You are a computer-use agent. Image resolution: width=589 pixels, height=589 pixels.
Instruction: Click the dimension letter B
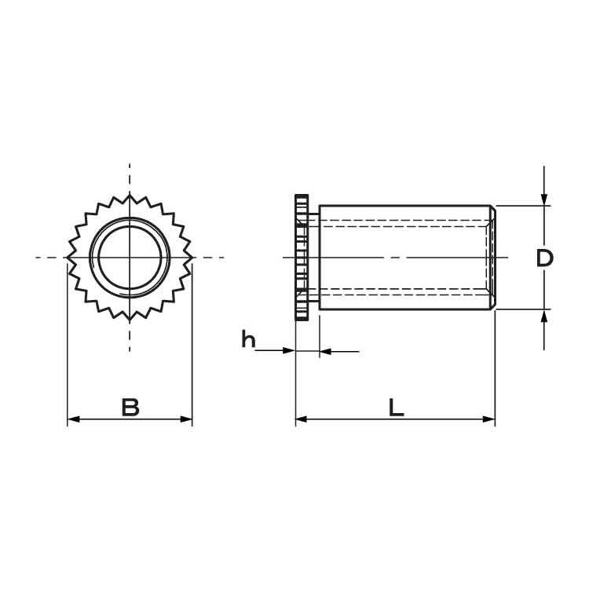click(x=130, y=407)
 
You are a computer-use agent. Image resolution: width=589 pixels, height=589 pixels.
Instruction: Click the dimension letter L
click(x=396, y=408)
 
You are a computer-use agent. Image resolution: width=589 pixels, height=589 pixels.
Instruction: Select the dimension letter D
click(x=545, y=258)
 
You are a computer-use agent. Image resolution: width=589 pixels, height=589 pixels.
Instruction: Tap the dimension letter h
click(x=248, y=338)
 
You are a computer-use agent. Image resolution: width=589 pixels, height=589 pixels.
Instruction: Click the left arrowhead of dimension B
click(x=73, y=419)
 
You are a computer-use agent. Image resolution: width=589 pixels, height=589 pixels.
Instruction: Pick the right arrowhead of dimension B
click(x=186, y=419)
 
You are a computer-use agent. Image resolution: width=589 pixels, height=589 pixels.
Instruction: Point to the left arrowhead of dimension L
click(x=302, y=419)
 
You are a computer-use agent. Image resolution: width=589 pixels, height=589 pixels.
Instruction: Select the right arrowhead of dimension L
click(x=489, y=419)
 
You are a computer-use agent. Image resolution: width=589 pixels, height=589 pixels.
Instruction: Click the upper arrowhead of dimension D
click(x=544, y=199)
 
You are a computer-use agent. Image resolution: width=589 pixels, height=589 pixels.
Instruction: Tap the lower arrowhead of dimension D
click(x=544, y=316)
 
